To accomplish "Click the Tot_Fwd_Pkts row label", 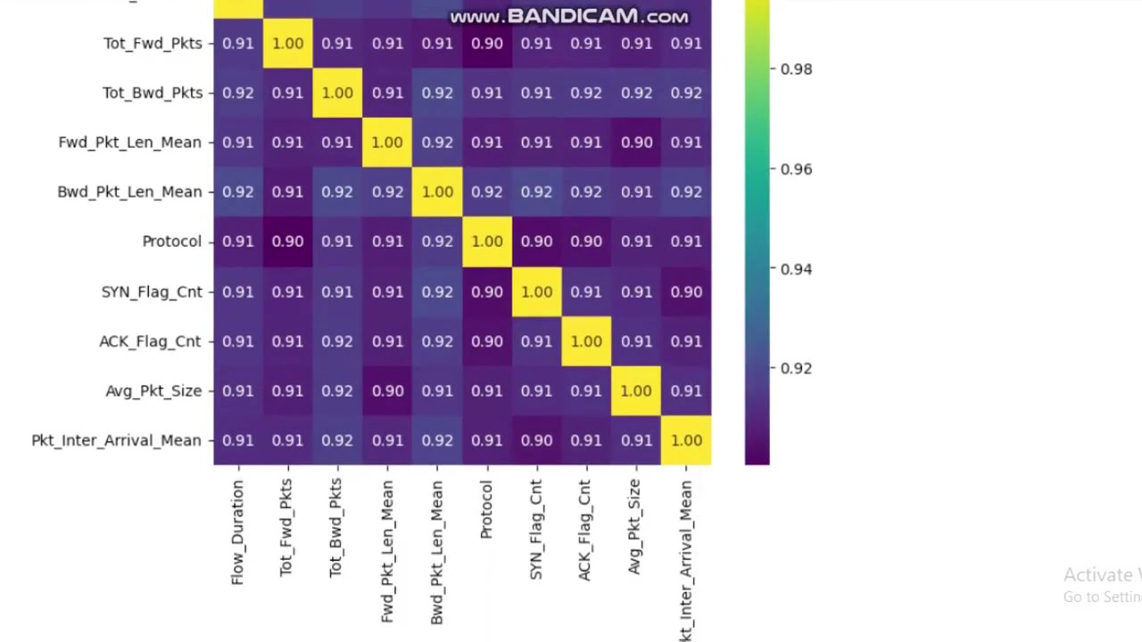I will [x=153, y=43].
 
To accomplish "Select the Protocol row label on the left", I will [x=171, y=242].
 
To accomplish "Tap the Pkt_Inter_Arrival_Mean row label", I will [x=116, y=440].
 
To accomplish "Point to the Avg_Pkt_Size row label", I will [x=153, y=391].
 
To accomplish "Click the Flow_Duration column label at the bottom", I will [x=237, y=532].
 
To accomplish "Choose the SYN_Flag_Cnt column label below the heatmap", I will [x=536, y=530].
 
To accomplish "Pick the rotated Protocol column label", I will [x=486, y=509].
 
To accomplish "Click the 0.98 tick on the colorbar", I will [x=796, y=69].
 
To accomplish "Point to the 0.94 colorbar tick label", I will [x=796, y=268].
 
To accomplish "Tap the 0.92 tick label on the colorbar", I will [x=796, y=368].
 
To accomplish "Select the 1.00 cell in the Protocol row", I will [x=487, y=242].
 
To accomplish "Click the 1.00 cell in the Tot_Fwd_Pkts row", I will [x=287, y=43].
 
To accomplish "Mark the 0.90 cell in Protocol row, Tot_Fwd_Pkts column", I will [x=287, y=242].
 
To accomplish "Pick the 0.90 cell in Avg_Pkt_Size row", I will [x=387, y=391].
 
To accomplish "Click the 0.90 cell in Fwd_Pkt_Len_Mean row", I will [x=636, y=143].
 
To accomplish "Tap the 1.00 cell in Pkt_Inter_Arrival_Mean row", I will [x=686, y=440].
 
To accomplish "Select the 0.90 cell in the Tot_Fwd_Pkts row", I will [x=487, y=43].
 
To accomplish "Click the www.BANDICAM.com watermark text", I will [x=569, y=16].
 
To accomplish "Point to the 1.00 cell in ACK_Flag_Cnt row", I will [x=586, y=342].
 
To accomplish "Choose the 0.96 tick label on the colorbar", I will [x=796, y=169].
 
